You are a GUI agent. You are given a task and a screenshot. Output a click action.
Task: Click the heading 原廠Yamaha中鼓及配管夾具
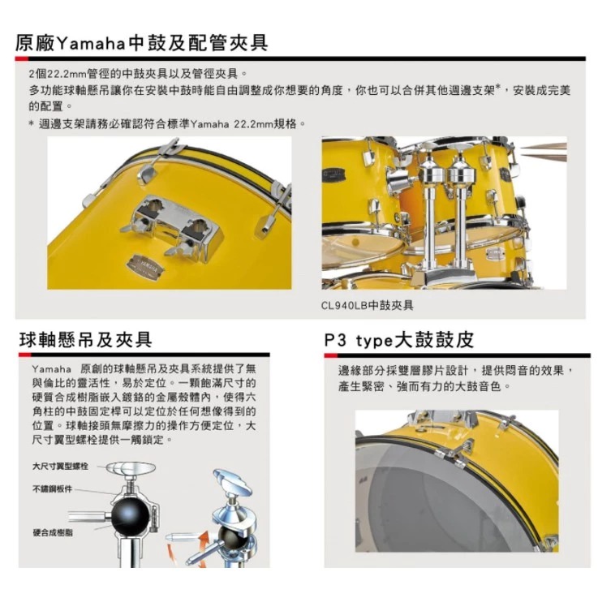[141, 41]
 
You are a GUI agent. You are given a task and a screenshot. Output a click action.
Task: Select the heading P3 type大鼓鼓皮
[398, 338]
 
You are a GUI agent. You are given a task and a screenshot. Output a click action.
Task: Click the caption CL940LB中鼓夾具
[368, 305]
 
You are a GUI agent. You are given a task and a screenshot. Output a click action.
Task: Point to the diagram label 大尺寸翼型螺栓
[61, 467]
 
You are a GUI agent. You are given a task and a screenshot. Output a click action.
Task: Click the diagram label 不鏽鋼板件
[52, 488]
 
